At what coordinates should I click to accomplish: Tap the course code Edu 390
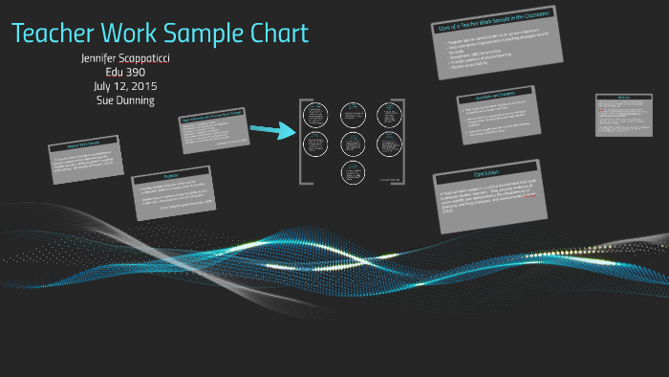coord(125,72)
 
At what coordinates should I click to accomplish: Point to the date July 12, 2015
coord(125,86)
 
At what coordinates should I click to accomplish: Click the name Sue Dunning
coord(125,100)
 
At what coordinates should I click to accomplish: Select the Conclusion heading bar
coord(485,172)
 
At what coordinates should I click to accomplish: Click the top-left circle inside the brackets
coord(315,115)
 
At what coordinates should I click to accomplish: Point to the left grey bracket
coord(302,141)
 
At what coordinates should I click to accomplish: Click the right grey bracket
coord(401,141)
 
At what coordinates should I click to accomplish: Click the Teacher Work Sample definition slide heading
coord(84,146)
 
